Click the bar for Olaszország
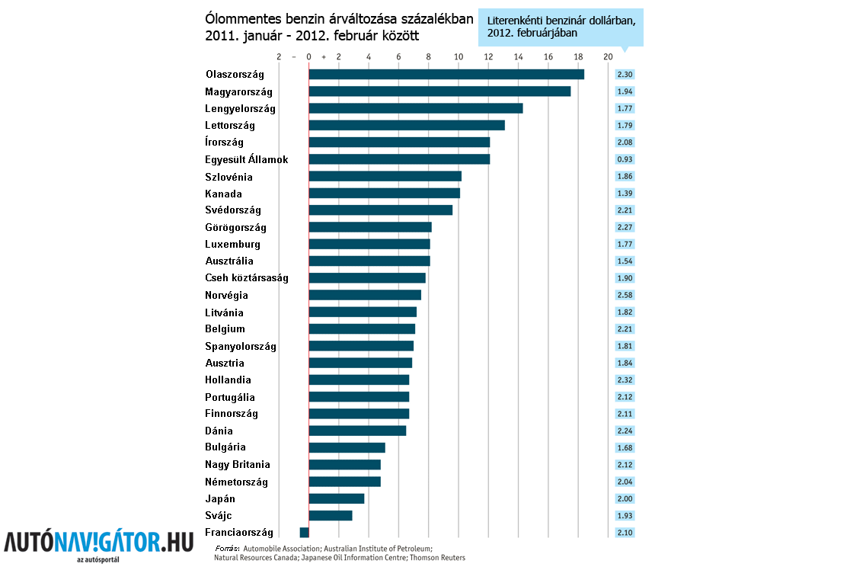[x=446, y=74]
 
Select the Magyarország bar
[x=439, y=91]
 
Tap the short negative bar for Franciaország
[x=304, y=533]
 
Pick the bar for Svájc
[x=331, y=516]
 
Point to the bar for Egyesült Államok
[x=399, y=159]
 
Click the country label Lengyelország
[x=240, y=109]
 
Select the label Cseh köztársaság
[x=246, y=278]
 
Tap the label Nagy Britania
[x=237, y=465]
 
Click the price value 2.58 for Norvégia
[x=625, y=295]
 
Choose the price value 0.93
[x=625, y=159]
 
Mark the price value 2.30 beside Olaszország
[x=625, y=74]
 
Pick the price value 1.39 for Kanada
[x=625, y=194]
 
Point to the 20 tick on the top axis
[x=608, y=56]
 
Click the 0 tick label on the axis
[x=308, y=56]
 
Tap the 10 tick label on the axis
[x=459, y=56]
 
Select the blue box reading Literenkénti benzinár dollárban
[x=561, y=27]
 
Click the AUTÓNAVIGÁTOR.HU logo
[x=99, y=543]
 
